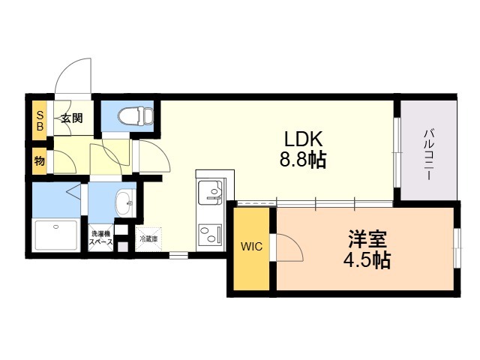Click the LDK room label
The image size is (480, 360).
click(x=303, y=139)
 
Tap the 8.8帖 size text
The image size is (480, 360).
click(x=303, y=160)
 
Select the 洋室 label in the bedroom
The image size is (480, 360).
click(x=367, y=238)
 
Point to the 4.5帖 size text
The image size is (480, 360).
click(x=367, y=260)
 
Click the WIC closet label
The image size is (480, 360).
click(x=251, y=246)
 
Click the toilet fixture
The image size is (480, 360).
click(x=136, y=116)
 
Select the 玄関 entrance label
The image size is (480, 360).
click(x=72, y=118)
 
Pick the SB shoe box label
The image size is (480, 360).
click(x=40, y=121)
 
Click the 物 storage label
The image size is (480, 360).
click(x=40, y=160)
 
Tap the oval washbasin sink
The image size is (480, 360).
click(x=124, y=203)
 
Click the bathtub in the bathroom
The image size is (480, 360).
click(x=56, y=235)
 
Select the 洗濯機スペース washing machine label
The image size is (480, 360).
click(x=100, y=238)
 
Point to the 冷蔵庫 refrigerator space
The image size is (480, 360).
click(x=148, y=239)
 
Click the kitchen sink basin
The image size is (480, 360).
click(x=210, y=193)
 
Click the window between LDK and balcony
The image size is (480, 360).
click(x=397, y=152)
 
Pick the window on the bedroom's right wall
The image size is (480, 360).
click(x=457, y=248)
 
